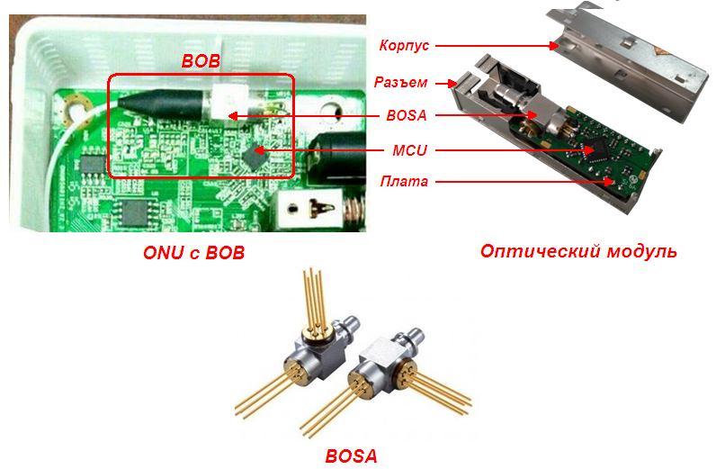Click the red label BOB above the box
pyautogui.click(x=201, y=61)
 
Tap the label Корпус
pyautogui.click(x=404, y=45)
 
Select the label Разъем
pyautogui.click(x=401, y=82)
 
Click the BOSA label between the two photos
pyautogui.click(x=407, y=115)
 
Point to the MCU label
pyautogui.click(x=409, y=150)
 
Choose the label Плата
pyautogui.click(x=404, y=182)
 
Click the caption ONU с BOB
pyautogui.click(x=194, y=253)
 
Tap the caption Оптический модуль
pyautogui.click(x=578, y=251)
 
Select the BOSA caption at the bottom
pyautogui.click(x=351, y=455)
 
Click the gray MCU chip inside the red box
pyautogui.click(x=254, y=156)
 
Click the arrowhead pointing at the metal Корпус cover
pyautogui.click(x=553, y=46)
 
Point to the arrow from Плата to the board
pyautogui.click(x=524, y=182)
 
